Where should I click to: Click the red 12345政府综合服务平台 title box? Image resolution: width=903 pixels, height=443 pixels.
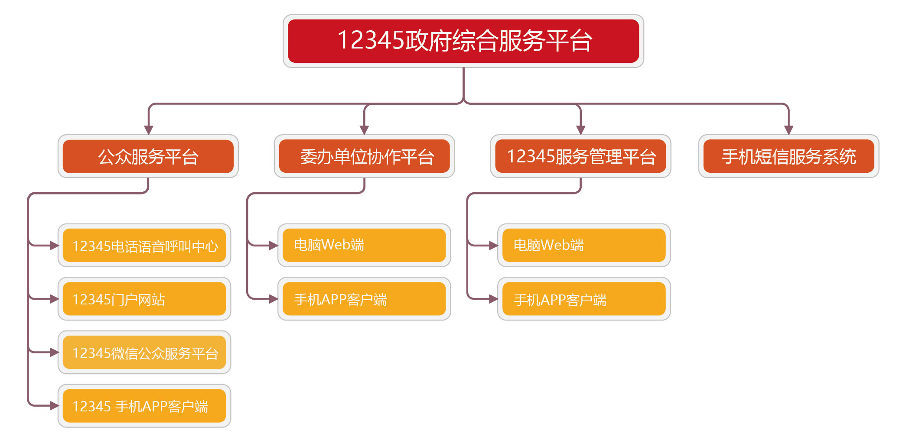[x=463, y=41]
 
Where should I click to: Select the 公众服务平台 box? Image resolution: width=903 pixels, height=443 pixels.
[x=148, y=156]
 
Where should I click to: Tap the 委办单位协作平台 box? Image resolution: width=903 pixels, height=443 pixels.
[x=364, y=156]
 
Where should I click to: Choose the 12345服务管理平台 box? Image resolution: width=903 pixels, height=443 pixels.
[x=580, y=156]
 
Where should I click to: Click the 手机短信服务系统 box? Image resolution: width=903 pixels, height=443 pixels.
[x=789, y=156]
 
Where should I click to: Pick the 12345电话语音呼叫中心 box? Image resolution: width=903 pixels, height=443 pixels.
[x=144, y=246]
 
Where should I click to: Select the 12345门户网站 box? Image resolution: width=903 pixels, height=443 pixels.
[x=144, y=299]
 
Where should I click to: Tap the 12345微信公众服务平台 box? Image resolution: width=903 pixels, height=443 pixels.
[x=144, y=352]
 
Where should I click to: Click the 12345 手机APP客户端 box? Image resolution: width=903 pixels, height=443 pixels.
[x=144, y=406]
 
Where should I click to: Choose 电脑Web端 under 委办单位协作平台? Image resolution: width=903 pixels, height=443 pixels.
[x=364, y=245]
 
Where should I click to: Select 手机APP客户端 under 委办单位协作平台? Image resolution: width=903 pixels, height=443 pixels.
[x=364, y=299]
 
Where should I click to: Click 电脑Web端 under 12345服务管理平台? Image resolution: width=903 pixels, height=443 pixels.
[x=584, y=245]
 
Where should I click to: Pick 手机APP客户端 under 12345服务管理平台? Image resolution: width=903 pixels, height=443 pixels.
[x=584, y=299]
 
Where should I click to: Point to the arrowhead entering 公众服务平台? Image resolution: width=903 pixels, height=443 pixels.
[x=148, y=130]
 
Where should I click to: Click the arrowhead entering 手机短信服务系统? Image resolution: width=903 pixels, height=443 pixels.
[x=789, y=130]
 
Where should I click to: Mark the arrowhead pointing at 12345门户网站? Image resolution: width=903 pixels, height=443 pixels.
[x=54, y=299]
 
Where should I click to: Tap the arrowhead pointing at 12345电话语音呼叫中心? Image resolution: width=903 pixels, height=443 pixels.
[x=54, y=246]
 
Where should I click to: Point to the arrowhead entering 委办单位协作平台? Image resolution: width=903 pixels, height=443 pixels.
[x=364, y=130]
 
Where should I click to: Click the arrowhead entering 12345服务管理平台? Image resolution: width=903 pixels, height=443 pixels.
[x=580, y=130]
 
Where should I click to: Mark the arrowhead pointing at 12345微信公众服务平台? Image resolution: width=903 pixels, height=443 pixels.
[x=54, y=352]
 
